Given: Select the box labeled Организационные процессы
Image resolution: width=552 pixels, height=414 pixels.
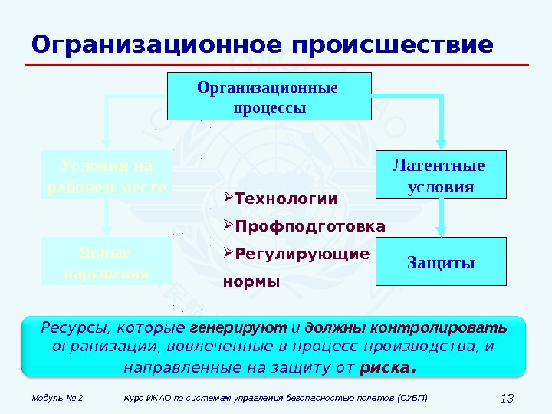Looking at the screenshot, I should (269, 97).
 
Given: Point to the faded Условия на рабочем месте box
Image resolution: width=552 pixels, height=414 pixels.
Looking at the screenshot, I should (107, 176).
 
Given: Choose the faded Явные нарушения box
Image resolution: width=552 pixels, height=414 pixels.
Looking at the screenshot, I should (107, 262).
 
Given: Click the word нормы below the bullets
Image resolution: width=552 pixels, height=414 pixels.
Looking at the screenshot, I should (251, 281).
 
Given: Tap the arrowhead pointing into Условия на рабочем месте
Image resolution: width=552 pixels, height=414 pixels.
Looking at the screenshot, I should (107, 143).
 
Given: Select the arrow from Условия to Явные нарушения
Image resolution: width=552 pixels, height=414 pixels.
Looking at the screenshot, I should (107, 219).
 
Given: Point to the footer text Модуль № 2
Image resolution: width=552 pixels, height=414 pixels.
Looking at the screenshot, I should (58, 399).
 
